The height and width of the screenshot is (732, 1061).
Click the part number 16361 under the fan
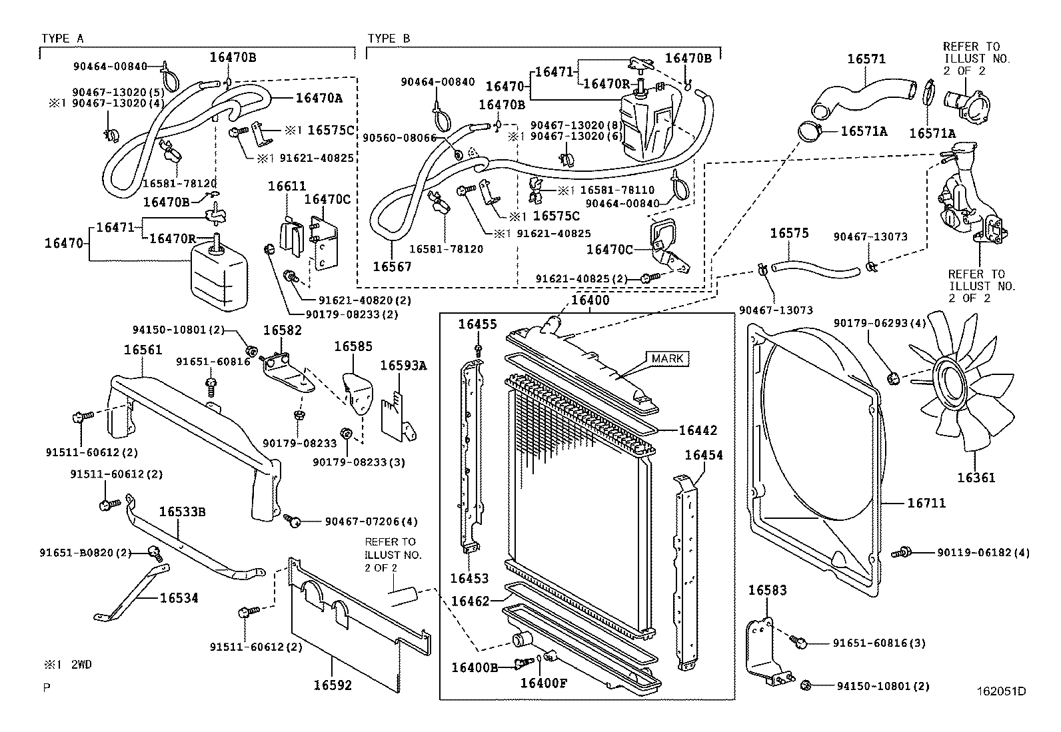click(x=976, y=478)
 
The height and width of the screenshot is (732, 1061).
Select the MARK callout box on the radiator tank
click(x=667, y=358)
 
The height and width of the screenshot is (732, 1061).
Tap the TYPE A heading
click(x=62, y=39)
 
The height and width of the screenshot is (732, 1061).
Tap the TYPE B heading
click(x=389, y=39)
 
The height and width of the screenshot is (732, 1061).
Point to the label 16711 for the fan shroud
click(x=926, y=503)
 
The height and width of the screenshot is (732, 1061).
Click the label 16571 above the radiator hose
click(x=866, y=59)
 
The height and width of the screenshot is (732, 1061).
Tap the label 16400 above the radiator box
click(x=590, y=300)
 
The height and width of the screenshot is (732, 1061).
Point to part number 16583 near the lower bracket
click(x=767, y=590)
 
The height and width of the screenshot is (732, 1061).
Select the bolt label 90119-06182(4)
click(x=983, y=552)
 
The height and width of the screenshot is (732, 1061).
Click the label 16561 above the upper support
click(x=143, y=349)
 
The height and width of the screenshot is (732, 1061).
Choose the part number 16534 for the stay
click(x=179, y=598)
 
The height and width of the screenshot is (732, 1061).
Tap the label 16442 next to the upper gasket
click(x=698, y=430)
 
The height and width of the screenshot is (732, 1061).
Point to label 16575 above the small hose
click(x=789, y=233)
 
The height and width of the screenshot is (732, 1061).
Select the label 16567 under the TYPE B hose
click(x=392, y=266)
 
